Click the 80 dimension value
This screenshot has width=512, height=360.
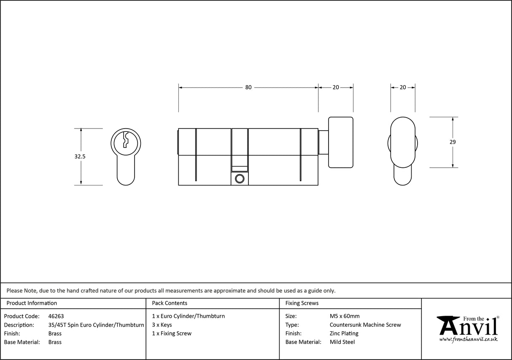pos(248,87)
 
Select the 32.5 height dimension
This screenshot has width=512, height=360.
pos(80,156)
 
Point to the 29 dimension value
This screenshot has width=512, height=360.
pos(453,142)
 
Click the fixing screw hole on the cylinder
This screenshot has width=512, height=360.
pos(240,179)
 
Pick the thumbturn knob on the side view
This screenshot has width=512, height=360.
pos(340,142)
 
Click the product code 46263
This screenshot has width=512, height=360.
pos(56,316)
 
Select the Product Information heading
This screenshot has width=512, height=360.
pos(32,303)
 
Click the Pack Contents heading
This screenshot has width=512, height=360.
pos(170,303)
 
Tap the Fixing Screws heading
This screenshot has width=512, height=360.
pos(302,303)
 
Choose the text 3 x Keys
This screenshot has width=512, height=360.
pos(162,325)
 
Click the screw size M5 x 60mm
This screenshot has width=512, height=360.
pos(345,316)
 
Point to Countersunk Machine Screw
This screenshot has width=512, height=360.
pos(365,325)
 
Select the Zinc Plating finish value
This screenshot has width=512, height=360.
pos(344,333)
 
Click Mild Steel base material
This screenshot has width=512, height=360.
pos(342,342)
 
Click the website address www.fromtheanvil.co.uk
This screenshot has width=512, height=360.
pos(468,339)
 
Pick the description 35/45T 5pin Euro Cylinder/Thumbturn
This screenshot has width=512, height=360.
pos(96,325)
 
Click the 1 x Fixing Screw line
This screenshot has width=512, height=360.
pos(172,333)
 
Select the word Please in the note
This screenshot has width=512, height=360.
pos(14,290)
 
